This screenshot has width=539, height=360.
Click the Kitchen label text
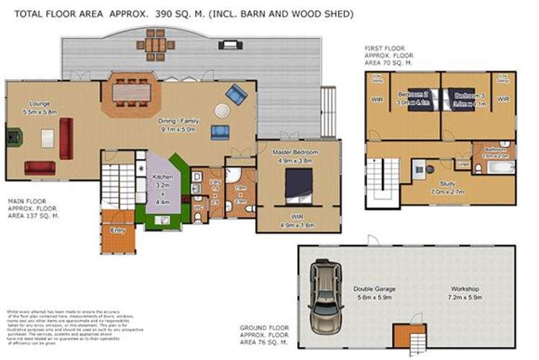pos(162,176)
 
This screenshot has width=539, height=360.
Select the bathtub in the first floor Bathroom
pos(500,168)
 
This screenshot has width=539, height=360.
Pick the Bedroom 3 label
pos(468,95)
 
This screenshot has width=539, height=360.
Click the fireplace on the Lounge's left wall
pos(11,138)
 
